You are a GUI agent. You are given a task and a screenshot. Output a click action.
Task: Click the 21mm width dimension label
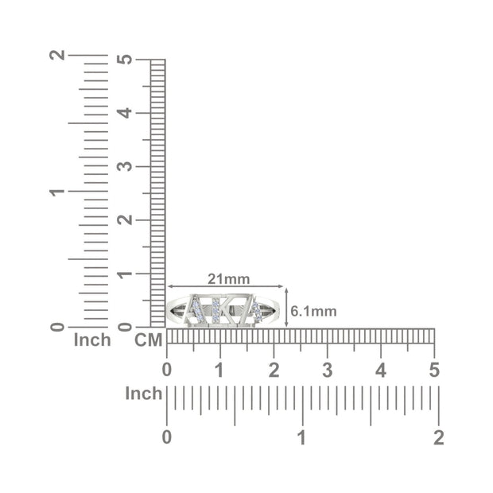click(x=228, y=279)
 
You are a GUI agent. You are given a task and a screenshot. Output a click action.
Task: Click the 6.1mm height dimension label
click(x=313, y=311)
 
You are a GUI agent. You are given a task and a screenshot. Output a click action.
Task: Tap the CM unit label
click(x=149, y=340)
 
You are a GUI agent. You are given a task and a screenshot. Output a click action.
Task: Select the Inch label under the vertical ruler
click(x=92, y=340)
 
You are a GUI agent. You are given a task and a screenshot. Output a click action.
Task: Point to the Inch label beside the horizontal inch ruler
click(x=144, y=394)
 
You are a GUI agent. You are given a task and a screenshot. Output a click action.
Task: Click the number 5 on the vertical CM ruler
click(x=125, y=60)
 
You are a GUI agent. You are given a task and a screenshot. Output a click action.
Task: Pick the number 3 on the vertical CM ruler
click(x=125, y=166)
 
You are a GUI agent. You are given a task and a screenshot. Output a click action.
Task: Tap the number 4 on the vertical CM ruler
click(x=125, y=113)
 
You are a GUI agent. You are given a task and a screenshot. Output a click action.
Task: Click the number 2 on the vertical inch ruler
click(x=57, y=55)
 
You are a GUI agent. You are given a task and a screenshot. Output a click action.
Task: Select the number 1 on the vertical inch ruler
click(x=57, y=192)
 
